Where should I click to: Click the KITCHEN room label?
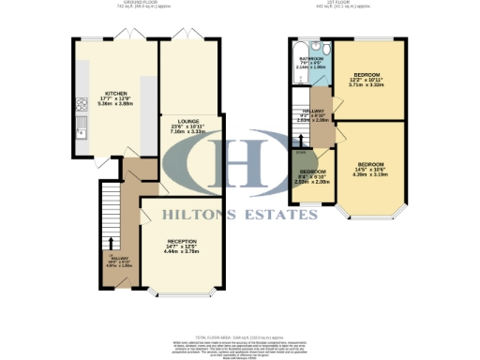click(x=116, y=94)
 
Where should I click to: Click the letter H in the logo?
click(x=241, y=168)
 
